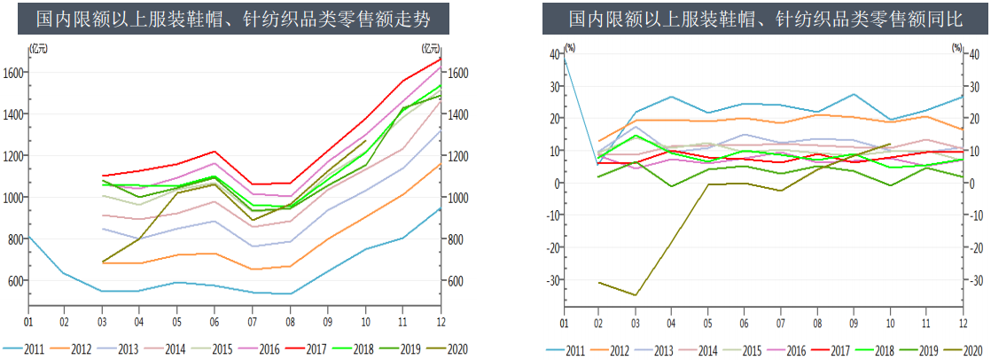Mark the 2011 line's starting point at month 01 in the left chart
pos(28,237)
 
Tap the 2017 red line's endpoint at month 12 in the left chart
pos(441,59)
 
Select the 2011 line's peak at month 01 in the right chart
pos(564,59)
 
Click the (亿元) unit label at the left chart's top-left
pos(39,47)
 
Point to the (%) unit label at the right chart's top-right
pos(956,47)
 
